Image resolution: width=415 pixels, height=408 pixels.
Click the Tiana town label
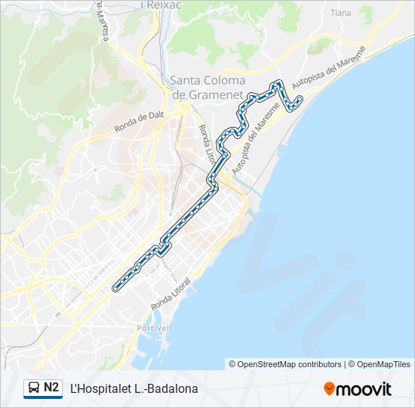tap(341, 13)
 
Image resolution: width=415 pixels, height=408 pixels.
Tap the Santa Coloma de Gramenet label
tap(207, 87)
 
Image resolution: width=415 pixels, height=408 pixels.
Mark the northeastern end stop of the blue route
tap(300, 99)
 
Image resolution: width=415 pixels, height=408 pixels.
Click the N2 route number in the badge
tap(51, 388)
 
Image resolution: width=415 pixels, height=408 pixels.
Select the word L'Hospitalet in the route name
tap(100, 389)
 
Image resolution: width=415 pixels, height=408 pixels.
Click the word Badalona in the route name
tap(173, 389)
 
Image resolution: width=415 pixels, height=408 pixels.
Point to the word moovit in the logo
tap(364, 389)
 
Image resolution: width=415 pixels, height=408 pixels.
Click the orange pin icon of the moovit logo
tap(329, 389)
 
